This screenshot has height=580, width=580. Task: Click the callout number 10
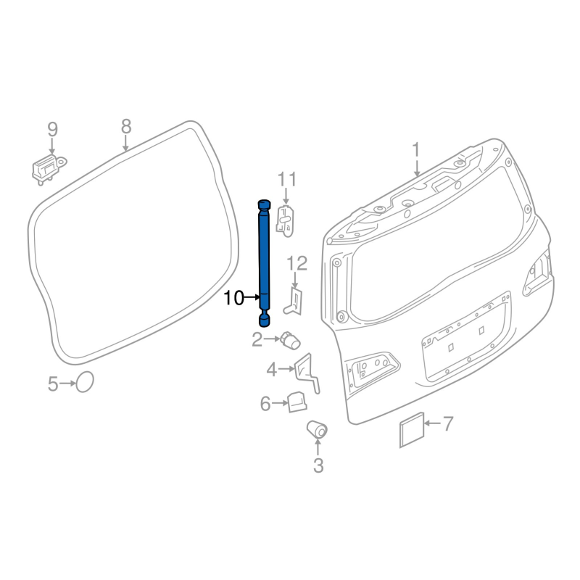(233, 297)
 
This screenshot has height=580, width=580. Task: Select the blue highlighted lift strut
(264, 263)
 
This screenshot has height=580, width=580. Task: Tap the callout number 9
(52, 130)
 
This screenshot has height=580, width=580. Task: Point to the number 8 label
(126, 126)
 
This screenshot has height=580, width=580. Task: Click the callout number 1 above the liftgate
(416, 150)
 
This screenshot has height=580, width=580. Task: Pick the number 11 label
(287, 180)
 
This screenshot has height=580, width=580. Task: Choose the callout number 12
(297, 264)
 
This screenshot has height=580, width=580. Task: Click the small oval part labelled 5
(85, 382)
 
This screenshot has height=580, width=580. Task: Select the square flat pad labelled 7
(411, 429)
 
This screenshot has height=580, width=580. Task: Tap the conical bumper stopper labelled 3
(317, 428)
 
